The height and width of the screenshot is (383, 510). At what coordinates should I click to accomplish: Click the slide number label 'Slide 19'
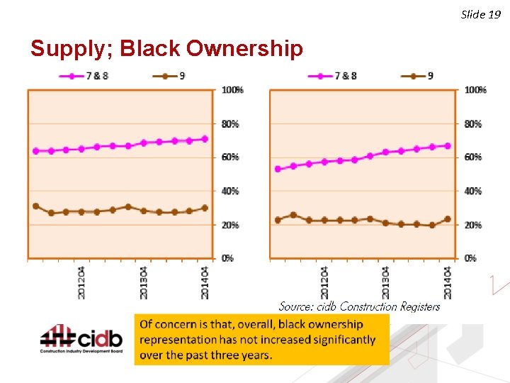(x=481, y=14)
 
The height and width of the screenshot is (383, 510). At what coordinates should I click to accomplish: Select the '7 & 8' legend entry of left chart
(x=86, y=76)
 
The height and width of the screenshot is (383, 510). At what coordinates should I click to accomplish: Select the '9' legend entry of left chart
(x=171, y=76)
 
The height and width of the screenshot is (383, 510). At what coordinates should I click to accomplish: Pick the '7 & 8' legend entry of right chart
(x=334, y=76)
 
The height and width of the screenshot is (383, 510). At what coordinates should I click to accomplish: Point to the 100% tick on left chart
(x=232, y=90)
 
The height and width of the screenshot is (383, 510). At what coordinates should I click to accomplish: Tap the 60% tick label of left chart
(x=230, y=157)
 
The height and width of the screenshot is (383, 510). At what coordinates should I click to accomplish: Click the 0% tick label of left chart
(x=227, y=258)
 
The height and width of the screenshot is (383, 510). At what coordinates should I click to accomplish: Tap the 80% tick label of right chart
(x=473, y=124)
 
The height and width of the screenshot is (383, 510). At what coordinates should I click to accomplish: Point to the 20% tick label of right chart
(x=473, y=225)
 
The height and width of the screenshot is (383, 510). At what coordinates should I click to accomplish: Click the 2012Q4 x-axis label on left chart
(x=82, y=282)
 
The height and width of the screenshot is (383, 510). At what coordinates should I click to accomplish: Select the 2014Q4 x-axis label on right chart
(x=448, y=282)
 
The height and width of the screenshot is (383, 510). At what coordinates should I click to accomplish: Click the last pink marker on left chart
(x=205, y=139)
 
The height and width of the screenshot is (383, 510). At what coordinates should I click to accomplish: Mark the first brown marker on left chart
(x=36, y=206)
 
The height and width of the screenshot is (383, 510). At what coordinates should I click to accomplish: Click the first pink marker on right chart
(x=278, y=170)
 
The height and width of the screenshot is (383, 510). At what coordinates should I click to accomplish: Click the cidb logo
(x=81, y=340)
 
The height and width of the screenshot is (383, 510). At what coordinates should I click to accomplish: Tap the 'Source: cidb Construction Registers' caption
(x=359, y=306)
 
